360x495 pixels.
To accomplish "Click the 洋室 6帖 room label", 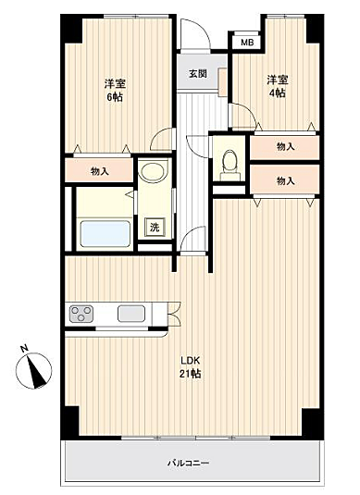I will click(114, 89).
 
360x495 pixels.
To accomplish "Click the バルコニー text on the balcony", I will click(188, 462).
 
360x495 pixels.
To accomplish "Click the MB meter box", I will click(246, 43).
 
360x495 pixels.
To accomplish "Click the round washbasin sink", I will click(150, 173).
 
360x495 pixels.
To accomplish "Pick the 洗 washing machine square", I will click(151, 228).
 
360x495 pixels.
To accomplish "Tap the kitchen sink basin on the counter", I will click(127, 314).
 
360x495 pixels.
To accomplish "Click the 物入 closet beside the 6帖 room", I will click(99, 171).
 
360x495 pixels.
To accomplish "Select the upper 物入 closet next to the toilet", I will click(285, 146).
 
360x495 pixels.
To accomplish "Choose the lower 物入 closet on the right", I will click(285, 180).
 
